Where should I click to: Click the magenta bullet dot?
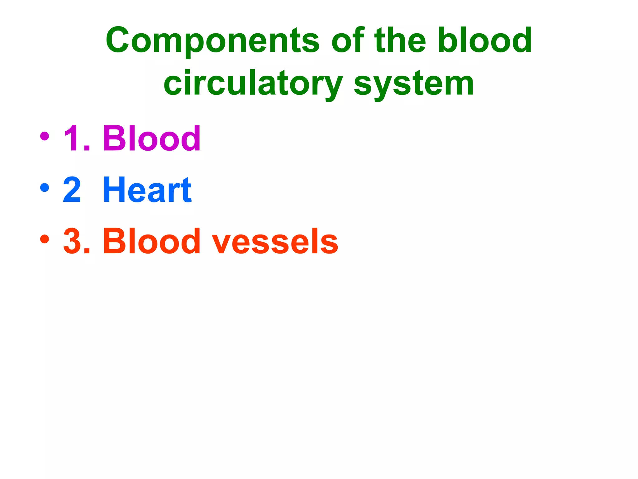click(45, 136)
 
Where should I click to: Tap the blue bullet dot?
click(45, 188)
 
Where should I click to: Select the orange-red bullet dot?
click(45, 239)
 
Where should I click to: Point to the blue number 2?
click(72, 189)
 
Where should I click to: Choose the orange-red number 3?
click(72, 241)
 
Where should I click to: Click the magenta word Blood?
click(152, 138)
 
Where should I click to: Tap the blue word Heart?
click(147, 189)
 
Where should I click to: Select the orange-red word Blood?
click(152, 241)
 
